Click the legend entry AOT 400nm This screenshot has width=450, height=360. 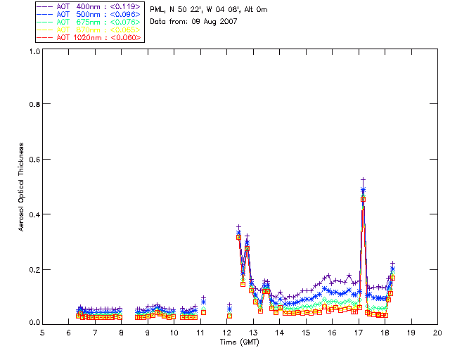coord(75,7)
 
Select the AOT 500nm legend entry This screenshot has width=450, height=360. coord(75,14)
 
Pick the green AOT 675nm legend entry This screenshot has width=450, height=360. coord(75,22)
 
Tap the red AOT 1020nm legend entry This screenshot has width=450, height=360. coord(77,37)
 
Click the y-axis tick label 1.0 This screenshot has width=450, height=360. coord(34,52)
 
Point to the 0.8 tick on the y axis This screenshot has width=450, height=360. coord(34,104)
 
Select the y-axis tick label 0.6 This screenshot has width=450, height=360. coord(34,159)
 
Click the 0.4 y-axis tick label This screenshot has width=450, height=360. coord(34,214)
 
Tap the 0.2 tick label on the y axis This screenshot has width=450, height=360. coord(34,269)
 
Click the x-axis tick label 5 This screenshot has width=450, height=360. coord(43,333)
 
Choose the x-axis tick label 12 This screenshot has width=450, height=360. coord(227,333)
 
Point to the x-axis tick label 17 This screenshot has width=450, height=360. coord(359,333)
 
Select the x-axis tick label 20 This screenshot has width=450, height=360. coord(437,333)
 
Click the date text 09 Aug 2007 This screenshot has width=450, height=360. coord(213,22)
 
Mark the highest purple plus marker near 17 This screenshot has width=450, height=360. coord(364,180)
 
